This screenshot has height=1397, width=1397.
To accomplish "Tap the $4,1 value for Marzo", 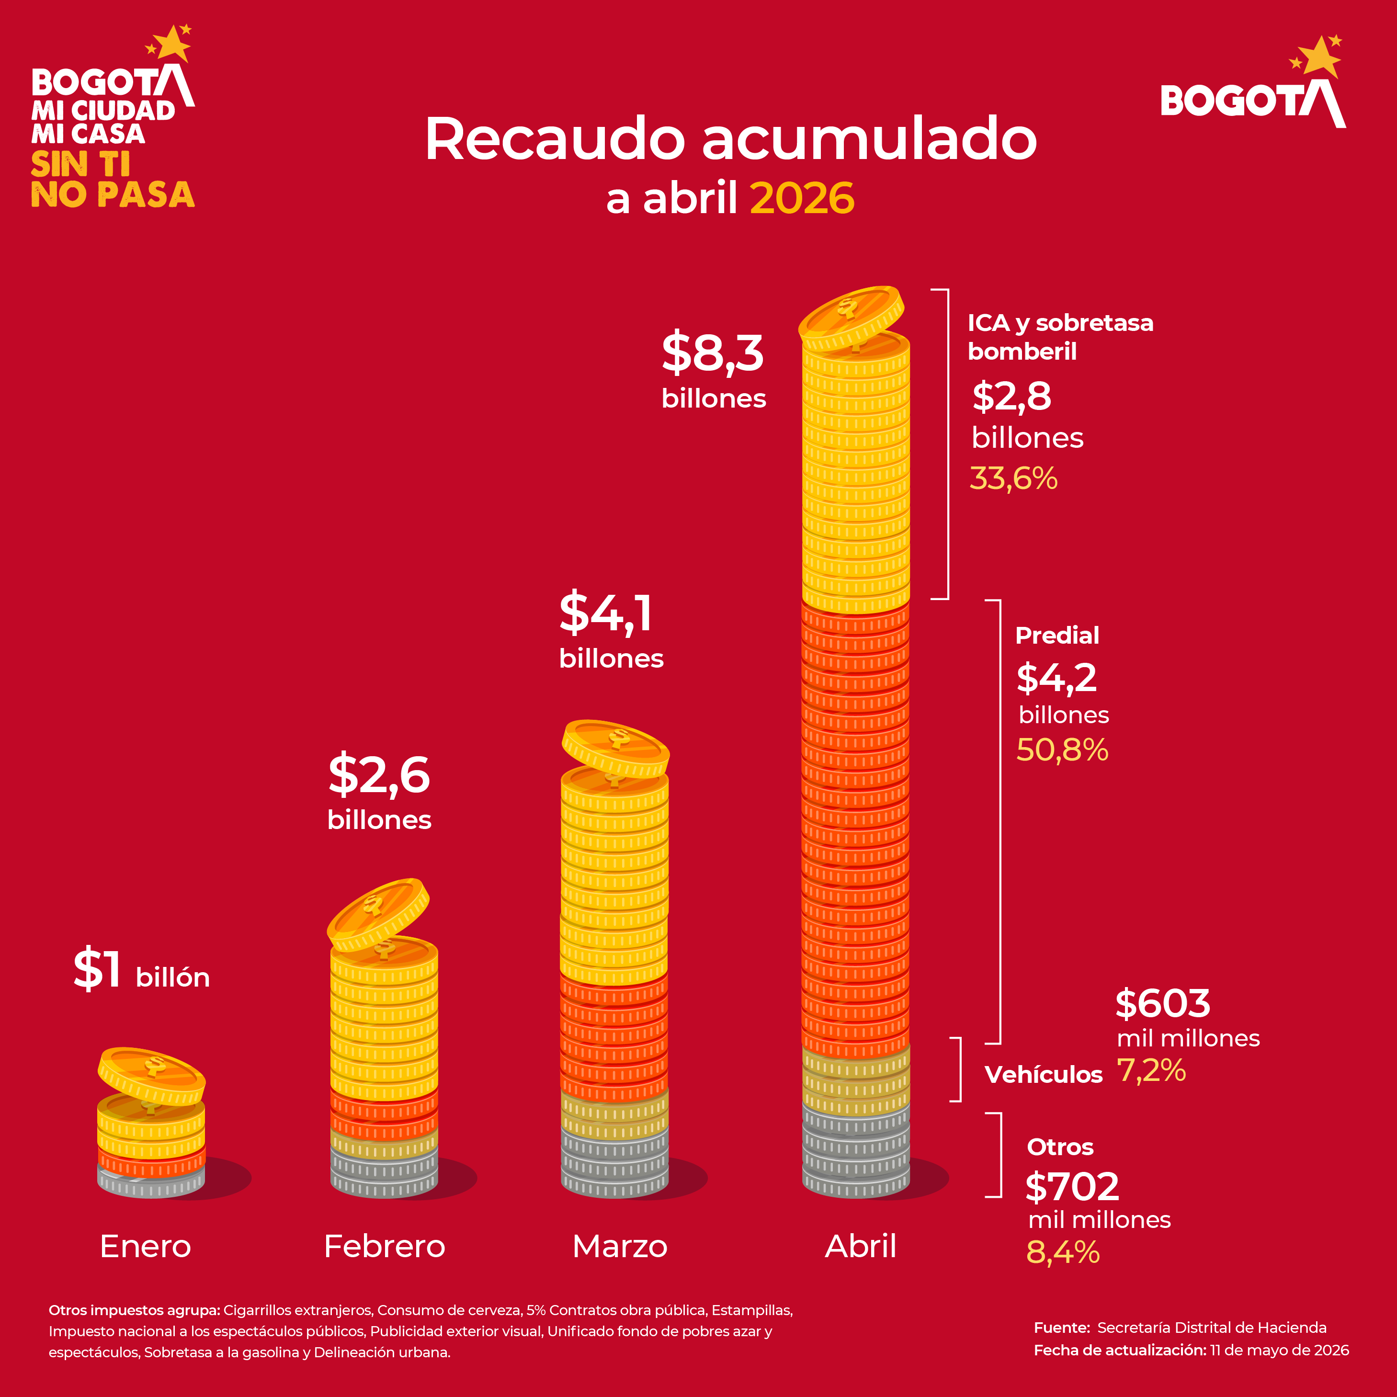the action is tap(606, 613).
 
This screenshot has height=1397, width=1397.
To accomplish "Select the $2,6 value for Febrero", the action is tap(379, 774).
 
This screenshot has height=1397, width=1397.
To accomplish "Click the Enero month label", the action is tap(145, 1246).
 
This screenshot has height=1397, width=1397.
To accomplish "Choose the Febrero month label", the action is tap(385, 1246).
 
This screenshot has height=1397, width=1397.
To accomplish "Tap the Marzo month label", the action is tap(620, 1246).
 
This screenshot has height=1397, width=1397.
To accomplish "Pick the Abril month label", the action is tap(861, 1246).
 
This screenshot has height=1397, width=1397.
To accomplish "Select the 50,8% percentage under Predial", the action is tap(1062, 750).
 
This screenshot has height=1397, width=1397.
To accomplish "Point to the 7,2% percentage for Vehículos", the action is tap(1151, 1071).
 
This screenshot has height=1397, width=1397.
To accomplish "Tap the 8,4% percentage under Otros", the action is tap(1063, 1252).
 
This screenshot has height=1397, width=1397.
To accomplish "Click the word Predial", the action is tap(1057, 635).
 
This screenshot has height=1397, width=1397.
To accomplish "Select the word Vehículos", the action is tap(1044, 1075).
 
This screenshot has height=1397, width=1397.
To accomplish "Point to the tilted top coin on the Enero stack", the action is tap(152, 1075).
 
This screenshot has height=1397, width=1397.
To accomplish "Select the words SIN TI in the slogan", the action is tap(81, 165).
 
